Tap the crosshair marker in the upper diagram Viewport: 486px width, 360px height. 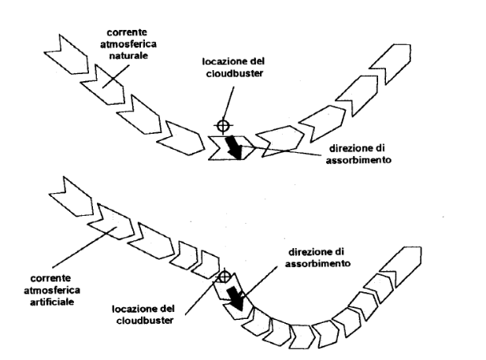coord(223,125)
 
